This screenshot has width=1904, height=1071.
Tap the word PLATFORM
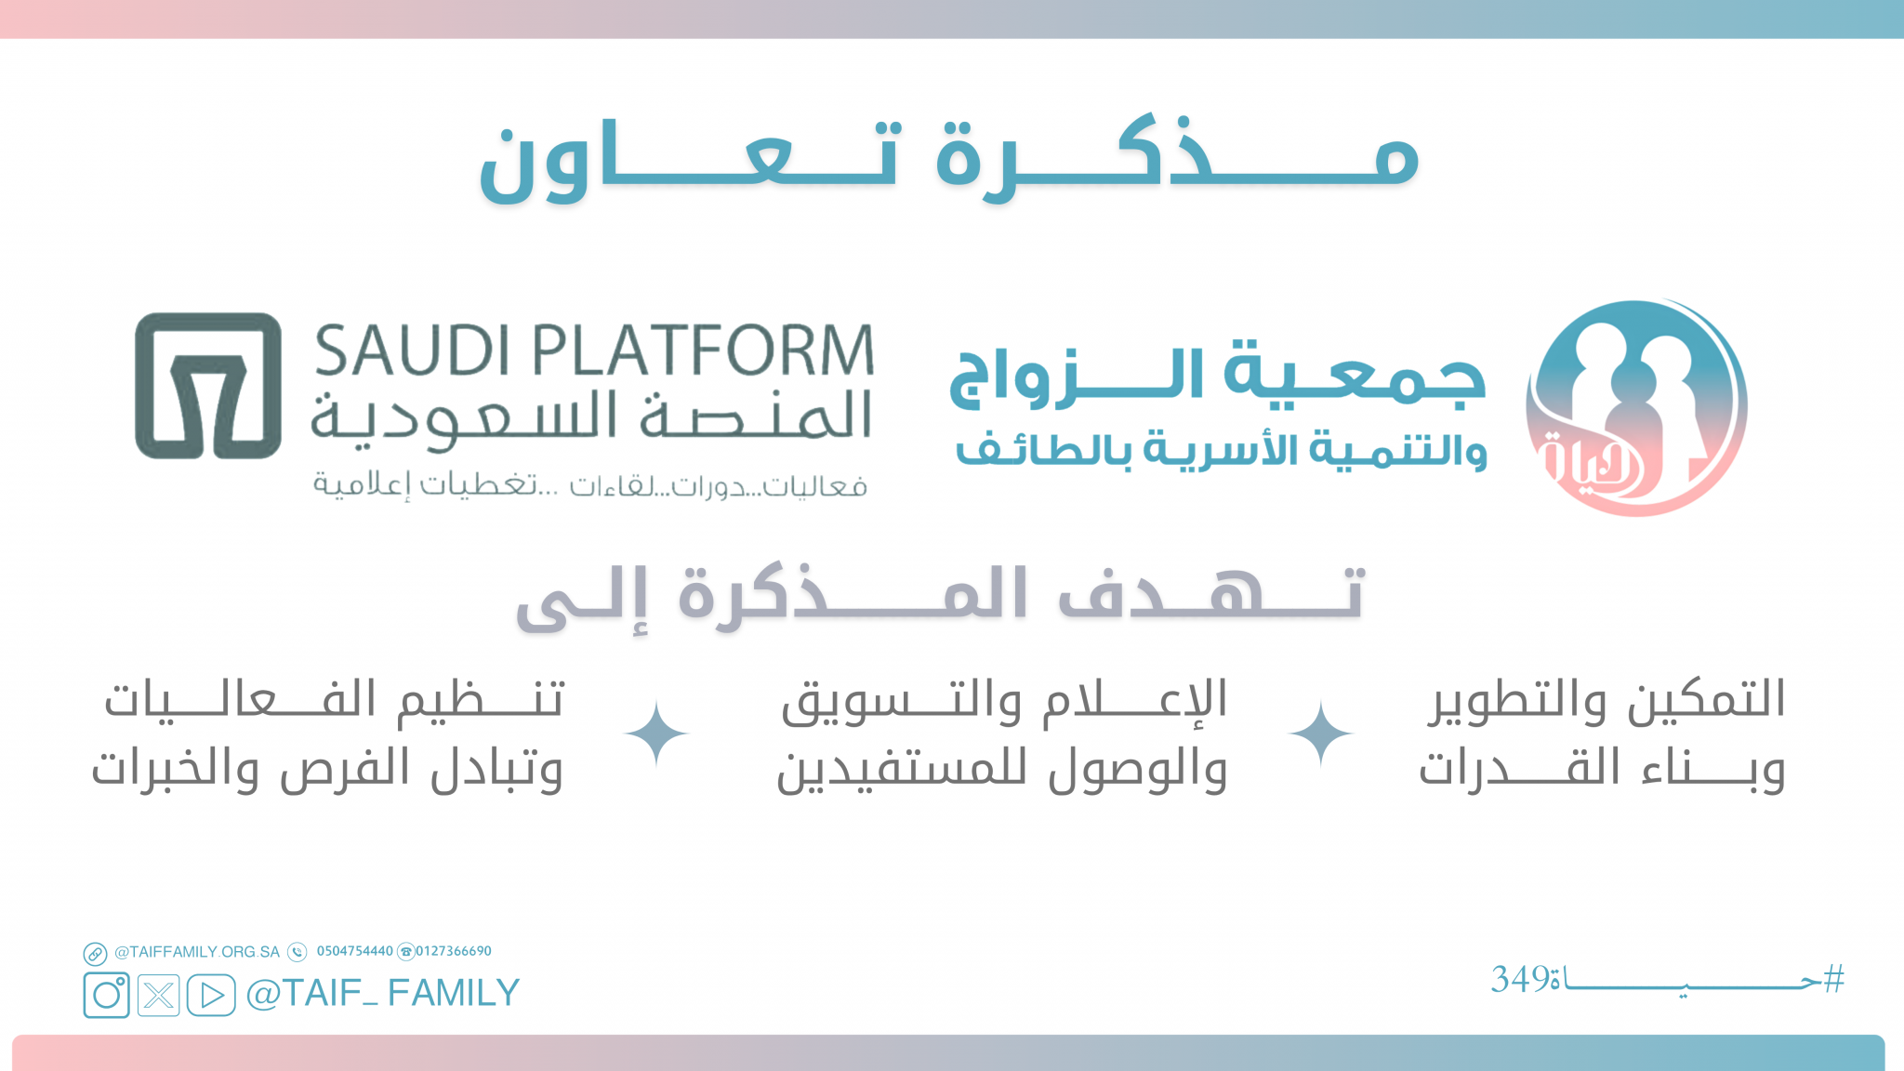coord(704,350)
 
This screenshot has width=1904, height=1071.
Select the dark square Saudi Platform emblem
coord(208,385)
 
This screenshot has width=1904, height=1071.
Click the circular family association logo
coord(1637,407)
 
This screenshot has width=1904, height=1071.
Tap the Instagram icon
coord(106,995)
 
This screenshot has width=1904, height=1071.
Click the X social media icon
coord(159,995)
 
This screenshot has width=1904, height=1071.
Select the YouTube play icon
coord(211,995)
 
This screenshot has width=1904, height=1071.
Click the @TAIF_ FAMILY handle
coord(382,993)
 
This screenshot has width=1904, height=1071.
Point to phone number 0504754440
coord(355,951)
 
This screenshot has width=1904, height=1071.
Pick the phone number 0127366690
coord(453,951)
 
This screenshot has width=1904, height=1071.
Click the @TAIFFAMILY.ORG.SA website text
coord(197,952)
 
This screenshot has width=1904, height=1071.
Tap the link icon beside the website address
coord(95,954)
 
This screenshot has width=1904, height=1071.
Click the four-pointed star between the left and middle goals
coord(656,734)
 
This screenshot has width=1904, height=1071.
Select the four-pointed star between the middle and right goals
coord(1321,734)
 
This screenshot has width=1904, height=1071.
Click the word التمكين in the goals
coord(1699,699)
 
